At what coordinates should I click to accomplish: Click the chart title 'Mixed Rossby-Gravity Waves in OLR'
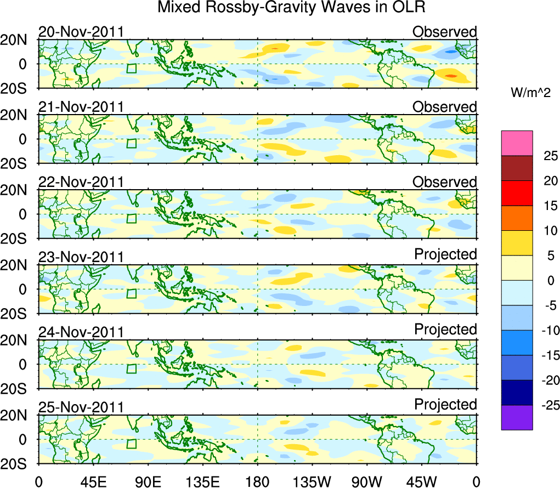291,8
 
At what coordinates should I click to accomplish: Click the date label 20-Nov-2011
81,32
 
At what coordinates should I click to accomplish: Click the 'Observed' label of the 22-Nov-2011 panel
445,182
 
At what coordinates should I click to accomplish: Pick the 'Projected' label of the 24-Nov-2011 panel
445,330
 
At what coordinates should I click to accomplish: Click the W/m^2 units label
530,93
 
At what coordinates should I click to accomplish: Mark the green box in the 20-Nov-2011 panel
131,68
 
